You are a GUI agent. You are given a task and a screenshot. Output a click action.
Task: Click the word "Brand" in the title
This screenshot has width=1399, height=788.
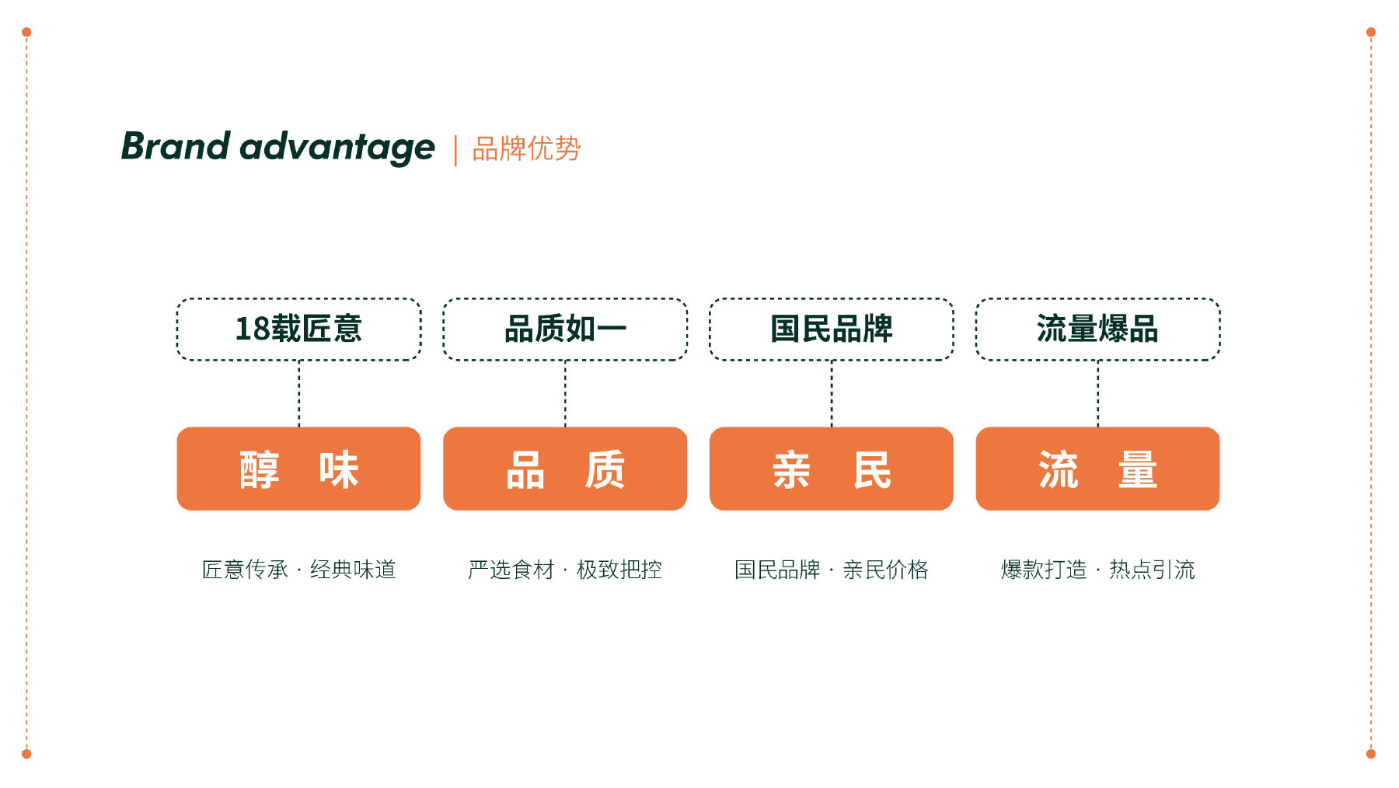(176, 146)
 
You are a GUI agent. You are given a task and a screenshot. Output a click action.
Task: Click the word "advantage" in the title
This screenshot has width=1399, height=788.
(337, 148)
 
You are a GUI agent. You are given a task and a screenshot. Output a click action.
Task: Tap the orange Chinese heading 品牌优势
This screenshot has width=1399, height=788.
(526, 148)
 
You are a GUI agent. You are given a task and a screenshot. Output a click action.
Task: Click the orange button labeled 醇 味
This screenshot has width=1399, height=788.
(299, 469)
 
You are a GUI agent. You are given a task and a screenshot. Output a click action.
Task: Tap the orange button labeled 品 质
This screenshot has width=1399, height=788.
(565, 469)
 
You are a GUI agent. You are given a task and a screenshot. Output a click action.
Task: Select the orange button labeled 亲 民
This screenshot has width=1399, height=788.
(832, 469)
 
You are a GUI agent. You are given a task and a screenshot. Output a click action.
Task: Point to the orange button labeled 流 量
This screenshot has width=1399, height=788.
(1098, 469)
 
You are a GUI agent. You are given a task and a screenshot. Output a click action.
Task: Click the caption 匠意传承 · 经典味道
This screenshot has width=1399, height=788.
(299, 570)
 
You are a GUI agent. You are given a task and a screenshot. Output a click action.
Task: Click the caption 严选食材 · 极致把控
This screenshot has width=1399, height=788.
(565, 570)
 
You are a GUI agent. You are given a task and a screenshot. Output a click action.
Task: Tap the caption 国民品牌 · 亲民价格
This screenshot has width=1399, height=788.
(832, 570)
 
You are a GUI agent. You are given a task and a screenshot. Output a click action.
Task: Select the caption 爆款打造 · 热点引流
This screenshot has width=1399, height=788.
(1098, 570)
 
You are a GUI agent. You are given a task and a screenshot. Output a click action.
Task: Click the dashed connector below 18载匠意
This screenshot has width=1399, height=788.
(299, 394)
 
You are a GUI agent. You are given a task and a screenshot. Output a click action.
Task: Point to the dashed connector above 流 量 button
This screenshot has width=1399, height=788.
(1098, 394)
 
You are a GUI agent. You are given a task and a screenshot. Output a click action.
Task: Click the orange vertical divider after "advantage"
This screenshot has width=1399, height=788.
(455, 150)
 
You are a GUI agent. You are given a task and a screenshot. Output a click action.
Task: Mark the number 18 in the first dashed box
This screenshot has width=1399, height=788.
(252, 329)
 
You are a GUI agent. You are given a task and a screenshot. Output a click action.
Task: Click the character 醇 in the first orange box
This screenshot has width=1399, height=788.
(260, 469)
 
